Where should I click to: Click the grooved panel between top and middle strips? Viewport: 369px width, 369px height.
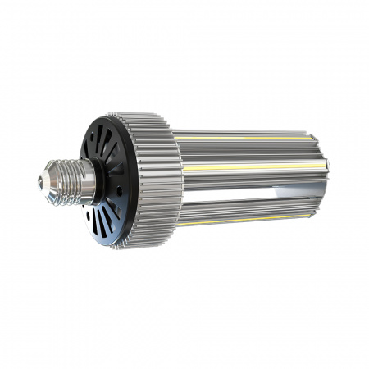pos(246,153)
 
